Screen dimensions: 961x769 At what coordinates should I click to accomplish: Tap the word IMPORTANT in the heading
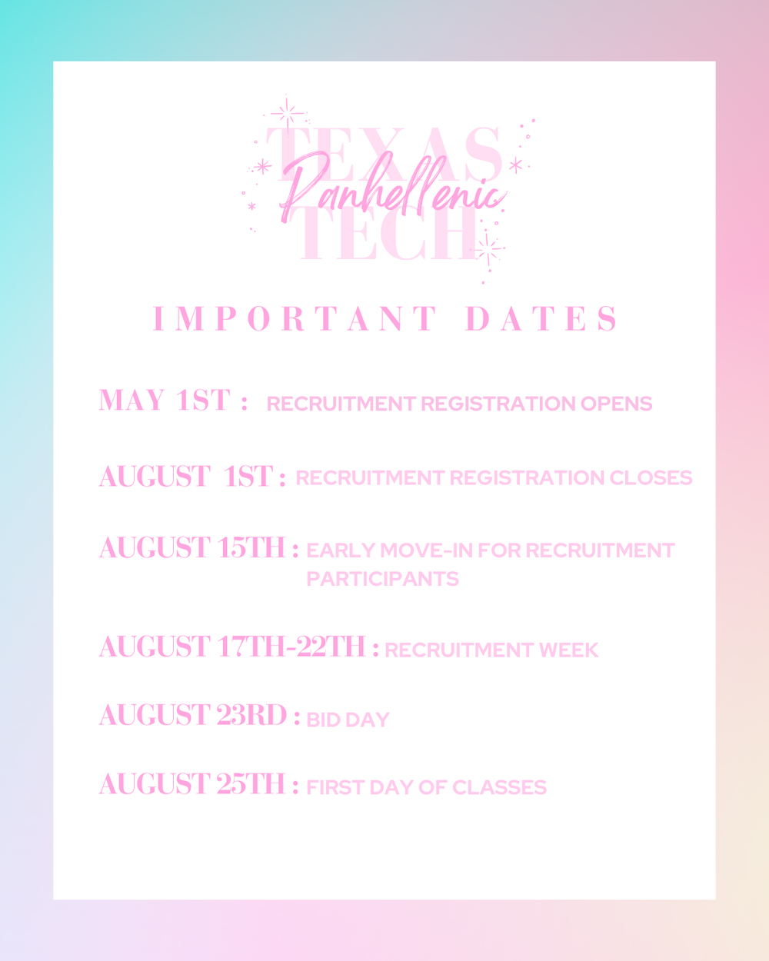point(296,319)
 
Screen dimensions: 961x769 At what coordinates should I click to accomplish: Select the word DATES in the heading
point(541,319)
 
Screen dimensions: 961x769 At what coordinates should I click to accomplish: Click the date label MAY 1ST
point(165,401)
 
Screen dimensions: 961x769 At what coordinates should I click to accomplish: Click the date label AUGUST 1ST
point(185,477)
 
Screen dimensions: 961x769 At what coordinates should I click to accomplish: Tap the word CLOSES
point(651,478)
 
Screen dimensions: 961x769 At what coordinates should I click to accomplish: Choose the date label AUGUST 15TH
point(192,548)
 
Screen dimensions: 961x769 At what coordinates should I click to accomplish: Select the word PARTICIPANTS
point(382,579)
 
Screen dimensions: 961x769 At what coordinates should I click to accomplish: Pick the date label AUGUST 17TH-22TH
point(232,647)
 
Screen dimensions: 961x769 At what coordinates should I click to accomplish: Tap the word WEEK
point(568,650)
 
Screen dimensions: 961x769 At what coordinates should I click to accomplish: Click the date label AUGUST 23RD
point(193,715)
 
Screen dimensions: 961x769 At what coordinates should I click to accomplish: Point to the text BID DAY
point(348,720)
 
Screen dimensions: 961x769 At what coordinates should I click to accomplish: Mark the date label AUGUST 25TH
point(192,784)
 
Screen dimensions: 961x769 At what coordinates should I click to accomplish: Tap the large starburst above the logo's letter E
point(287,114)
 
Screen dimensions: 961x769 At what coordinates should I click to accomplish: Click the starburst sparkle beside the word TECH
point(486,248)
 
